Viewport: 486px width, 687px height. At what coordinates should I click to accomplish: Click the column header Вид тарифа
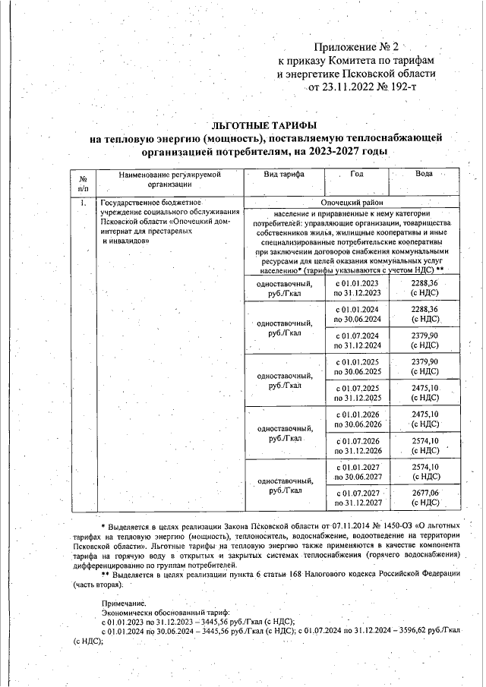(282, 175)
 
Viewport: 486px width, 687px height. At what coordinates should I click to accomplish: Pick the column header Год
(356, 175)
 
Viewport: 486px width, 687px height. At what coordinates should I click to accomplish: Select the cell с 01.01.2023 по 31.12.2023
(356, 288)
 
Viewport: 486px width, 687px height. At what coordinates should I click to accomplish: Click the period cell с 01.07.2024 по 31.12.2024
(356, 339)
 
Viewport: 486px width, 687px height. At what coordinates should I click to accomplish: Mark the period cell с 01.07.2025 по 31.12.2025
(356, 392)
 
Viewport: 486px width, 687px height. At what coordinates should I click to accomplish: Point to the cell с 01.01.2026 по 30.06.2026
(356, 419)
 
